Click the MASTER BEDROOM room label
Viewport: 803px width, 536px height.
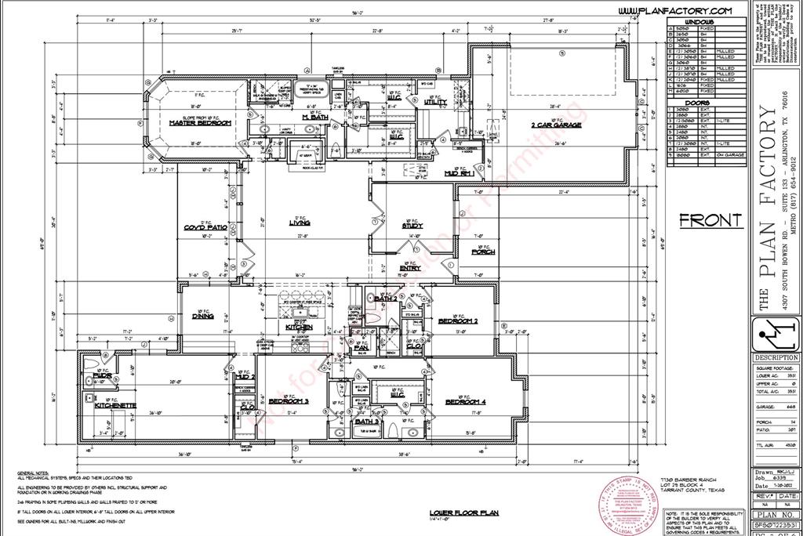click(199, 123)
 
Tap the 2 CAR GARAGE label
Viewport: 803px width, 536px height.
click(556, 124)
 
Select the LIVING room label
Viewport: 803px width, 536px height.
click(299, 223)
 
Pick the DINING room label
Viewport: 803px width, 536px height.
click(205, 317)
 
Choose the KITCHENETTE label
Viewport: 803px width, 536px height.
click(116, 405)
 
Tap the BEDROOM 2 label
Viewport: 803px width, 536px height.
click(458, 321)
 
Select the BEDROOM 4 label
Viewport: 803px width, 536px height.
click(466, 402)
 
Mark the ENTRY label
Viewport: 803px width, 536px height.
click(410, 268)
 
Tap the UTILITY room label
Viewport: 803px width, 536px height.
click(435, 102)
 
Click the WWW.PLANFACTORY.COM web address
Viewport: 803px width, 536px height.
click(674, 10)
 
